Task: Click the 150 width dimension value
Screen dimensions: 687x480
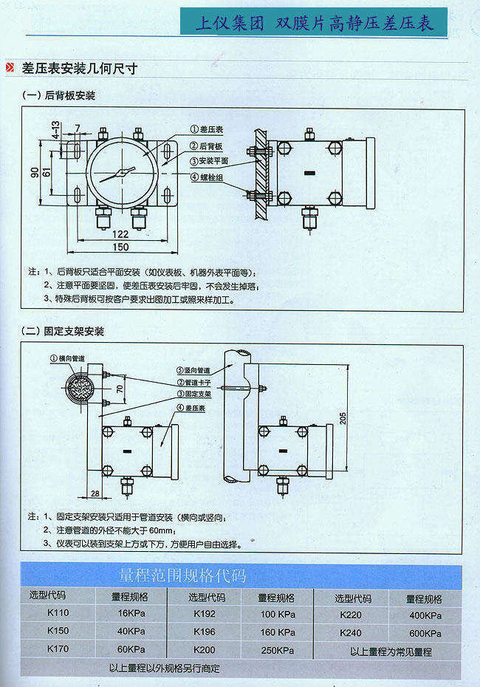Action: [120, 247]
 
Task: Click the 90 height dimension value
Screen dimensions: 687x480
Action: [34, 172]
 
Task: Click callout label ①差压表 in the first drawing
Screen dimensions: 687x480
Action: [208, 129]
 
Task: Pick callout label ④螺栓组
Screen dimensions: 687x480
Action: [208, 177]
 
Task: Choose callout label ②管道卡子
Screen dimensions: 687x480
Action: [193, 383]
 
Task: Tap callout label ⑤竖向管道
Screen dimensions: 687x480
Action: [193, 370]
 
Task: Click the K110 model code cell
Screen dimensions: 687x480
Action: [58, 613]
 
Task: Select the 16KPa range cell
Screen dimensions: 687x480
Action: [130, 613]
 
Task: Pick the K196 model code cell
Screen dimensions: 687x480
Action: [205, 632]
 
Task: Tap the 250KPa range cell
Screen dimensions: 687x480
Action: [277, 650]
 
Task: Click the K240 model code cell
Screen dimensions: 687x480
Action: [351, 633]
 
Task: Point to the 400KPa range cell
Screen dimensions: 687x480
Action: [425, 615]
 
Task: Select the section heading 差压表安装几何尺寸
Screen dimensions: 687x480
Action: [80, 69]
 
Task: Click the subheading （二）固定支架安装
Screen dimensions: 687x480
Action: [64, 331]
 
